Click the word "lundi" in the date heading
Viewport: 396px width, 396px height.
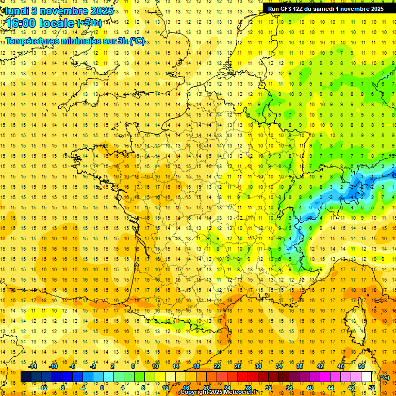tap(17, 10)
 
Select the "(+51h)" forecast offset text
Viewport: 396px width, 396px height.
tap(90, 23)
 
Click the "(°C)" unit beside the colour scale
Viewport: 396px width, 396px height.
tap(384, 377)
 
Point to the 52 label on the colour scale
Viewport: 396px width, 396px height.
tap(372, 387)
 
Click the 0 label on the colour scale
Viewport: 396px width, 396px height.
tap(102, 387)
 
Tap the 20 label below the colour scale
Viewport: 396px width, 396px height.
tap(206, 387)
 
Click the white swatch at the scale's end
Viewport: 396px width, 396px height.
tap(367, 377)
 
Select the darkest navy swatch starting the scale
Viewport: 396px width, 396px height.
tap(26, 377)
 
